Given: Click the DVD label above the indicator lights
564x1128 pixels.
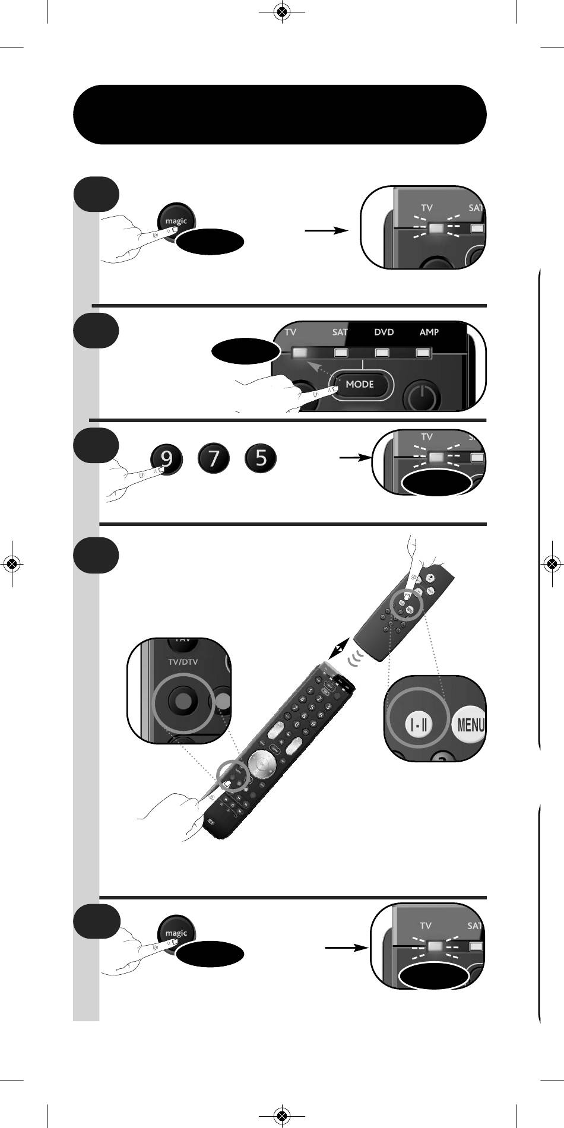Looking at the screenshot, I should pos(384,332).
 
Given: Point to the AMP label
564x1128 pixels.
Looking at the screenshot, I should pos(429,332).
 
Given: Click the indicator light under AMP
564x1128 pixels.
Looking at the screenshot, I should pos(422,353).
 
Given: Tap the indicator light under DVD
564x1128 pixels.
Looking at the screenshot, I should pos(382,353).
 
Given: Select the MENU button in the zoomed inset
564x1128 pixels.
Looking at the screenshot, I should pos(470,725).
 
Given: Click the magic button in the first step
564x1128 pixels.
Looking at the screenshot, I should pos(176,221).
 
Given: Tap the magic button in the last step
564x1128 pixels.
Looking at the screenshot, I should pos(176,933).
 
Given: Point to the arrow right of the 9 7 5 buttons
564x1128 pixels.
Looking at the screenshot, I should pos(354,458).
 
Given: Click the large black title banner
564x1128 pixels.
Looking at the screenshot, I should pos(280,115).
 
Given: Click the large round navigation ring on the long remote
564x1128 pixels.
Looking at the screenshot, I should pos(259,763).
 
